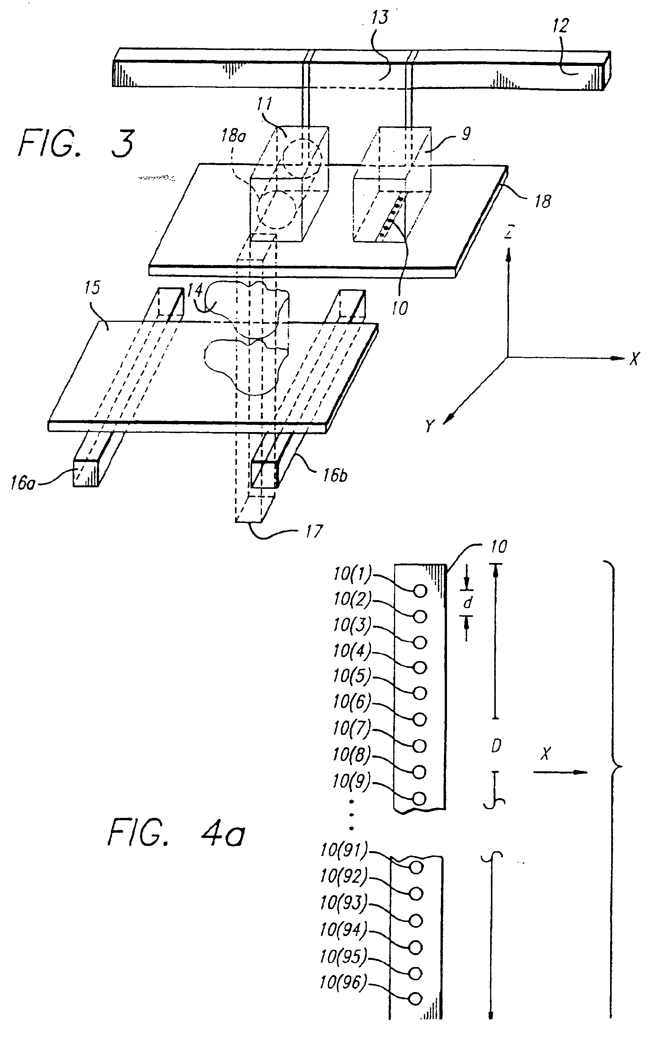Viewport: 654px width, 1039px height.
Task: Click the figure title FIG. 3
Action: pos(77,144)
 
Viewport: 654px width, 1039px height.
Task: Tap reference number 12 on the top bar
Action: pos(560,26)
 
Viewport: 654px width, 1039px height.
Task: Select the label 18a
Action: pos(234,136)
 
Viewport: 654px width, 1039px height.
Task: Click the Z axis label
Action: pos(509,232)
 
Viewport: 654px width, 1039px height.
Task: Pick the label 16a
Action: pos(22,483)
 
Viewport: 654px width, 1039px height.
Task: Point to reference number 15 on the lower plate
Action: pos(92,288)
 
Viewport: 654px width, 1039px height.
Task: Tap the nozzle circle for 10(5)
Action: pos(420,693)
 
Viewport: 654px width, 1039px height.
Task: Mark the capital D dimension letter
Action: pos(496,745)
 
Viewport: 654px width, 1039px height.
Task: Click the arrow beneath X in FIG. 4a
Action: pos(561,772)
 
